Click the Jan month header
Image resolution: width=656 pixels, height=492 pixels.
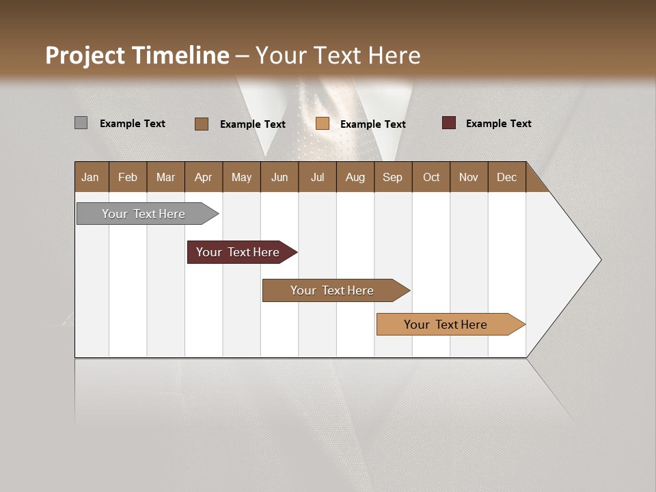tap(90, 177)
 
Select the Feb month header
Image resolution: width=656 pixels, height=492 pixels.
tap(128, 177)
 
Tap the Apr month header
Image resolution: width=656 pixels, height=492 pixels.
tap(203, 177)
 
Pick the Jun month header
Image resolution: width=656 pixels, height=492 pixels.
tap(279, 177)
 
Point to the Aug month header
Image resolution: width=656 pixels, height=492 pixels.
tap(355, 177)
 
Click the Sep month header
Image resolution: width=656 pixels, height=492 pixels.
tap(392, 177)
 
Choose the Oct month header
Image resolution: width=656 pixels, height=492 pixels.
tap(431, 177)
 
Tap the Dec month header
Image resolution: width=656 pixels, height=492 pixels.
tap(506, 177)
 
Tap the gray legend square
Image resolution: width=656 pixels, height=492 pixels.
tap(81, 123)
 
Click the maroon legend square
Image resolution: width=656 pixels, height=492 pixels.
tap(449, 123)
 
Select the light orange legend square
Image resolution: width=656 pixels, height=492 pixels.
tap(323, 124)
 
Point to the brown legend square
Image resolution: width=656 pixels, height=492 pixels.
tap(201, 124)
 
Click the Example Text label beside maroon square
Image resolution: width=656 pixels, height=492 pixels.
tap(498, 123)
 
